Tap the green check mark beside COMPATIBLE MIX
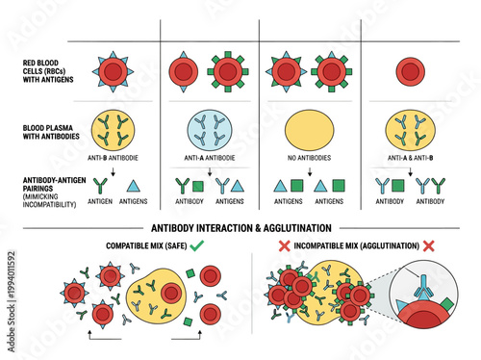point(224,247)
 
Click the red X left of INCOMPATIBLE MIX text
point(285,247)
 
